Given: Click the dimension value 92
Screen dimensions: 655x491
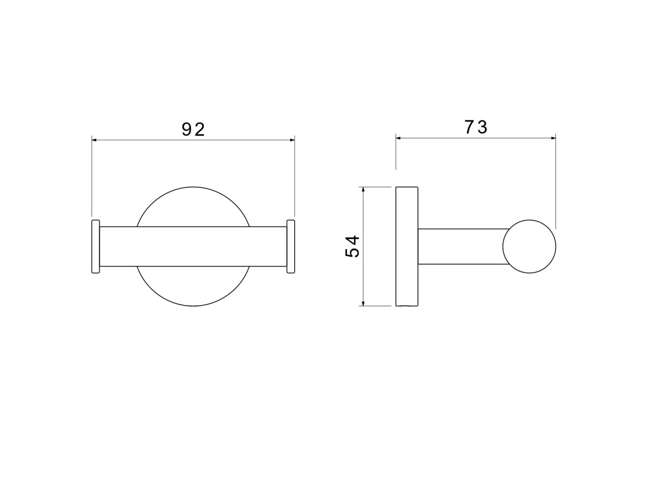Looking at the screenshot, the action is click(193, 130).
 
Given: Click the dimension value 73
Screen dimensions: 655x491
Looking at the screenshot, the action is click(476, 127).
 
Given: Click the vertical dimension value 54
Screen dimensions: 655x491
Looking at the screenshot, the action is click(353, 246).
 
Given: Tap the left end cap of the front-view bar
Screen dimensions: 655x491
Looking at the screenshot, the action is click(96, 246).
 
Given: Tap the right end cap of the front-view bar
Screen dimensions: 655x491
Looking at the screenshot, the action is click(291, 246).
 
